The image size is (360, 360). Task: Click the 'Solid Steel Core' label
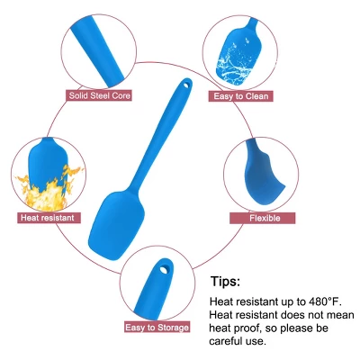point(99,95)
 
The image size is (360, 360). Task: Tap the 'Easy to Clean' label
point(240,96)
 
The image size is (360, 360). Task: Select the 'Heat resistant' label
point(48,218)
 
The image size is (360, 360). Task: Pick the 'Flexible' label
point(263,218)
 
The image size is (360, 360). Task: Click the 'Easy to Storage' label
point(157,327)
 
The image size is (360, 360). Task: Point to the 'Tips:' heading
point(225,281)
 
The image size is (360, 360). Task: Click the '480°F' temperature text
point(325,301)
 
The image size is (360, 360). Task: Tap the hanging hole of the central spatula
point(186,85)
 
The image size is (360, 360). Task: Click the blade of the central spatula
point(116,221)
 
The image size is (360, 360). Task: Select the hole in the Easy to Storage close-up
point(164,270)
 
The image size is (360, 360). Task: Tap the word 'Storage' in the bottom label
point(172,328)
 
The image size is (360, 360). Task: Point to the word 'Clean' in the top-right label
point(256,96)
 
